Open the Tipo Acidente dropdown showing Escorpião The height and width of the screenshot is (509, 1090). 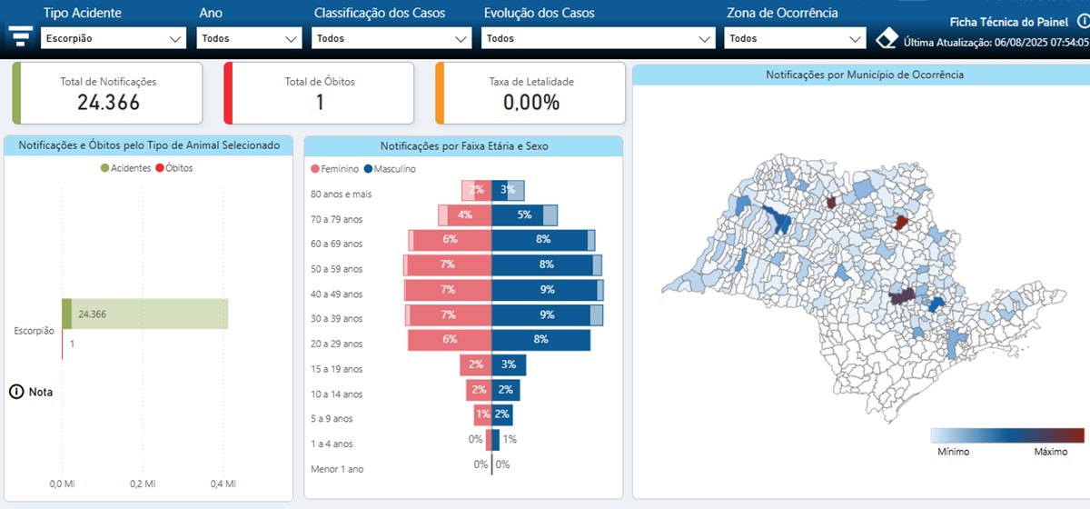coord(114,38)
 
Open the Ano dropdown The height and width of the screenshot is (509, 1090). coord(249,38)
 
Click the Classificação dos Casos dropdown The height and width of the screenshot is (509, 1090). coord(391,38)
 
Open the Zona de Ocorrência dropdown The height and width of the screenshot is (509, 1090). coord(795,38)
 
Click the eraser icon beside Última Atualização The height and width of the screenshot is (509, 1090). coord(887,39)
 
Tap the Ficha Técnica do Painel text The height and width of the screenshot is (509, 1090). coord(1008,22)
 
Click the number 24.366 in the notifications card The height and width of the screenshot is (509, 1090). coord(108,103)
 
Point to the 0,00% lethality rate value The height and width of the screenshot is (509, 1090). coord(531,103)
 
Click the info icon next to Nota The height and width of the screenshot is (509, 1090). coord(16,392)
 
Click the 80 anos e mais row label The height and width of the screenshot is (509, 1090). coord(341,194)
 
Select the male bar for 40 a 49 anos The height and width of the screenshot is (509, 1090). coord(544,290)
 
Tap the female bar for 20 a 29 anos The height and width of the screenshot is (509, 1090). coord(450,340)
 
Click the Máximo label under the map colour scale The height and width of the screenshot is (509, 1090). coord(1050,451)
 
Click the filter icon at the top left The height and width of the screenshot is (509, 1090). coord(20,35)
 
